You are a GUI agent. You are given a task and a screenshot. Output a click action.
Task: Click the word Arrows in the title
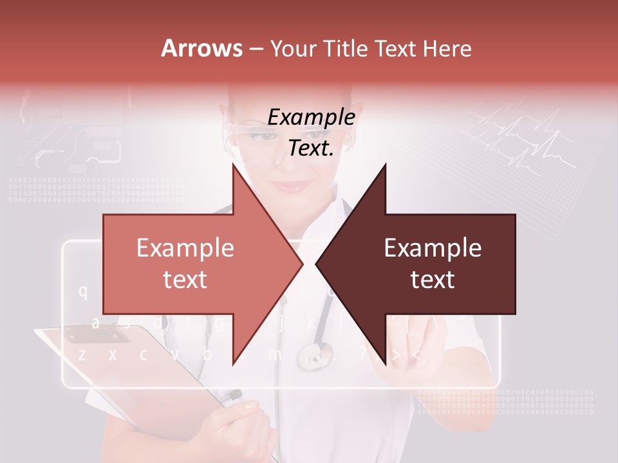click(x=201, y=48)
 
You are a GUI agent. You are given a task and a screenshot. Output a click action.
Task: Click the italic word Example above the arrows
click(x=312, y=117)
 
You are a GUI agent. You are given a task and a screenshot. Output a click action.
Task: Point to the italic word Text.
click(x=312, y=148)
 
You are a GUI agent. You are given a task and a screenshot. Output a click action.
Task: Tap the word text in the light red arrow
click(x=185, y=280)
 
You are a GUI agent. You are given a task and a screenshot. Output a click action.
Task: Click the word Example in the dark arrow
click(x=433, y=248)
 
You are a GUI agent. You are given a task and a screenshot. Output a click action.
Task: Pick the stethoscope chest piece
click(x=315, y=355)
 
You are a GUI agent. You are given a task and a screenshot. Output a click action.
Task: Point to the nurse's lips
click(x=293, y=186)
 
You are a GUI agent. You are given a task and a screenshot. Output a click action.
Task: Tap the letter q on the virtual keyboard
click(x=83, y=291)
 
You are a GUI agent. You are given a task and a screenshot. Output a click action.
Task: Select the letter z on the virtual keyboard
click(x=82, y=354)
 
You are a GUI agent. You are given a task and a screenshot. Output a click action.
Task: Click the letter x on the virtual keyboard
click(x=113, y=354)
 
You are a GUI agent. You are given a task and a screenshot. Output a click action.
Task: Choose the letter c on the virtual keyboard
click(x=144, y=354)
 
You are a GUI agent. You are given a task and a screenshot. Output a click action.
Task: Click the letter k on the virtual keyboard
click(x=310, y=322)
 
